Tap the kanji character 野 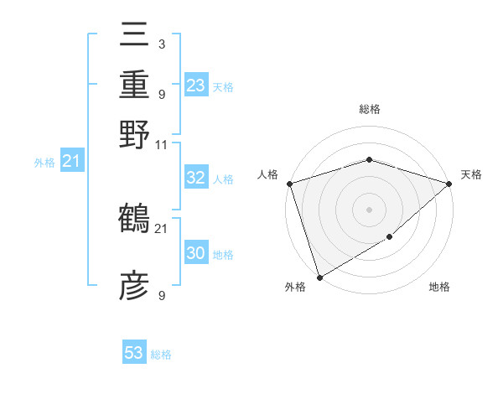point(134,133)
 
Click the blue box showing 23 point(196,86)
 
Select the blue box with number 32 point(195,178)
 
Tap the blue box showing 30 point(195,253)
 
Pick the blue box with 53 point(134,353)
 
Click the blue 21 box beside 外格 point(71,162)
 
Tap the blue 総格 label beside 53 point(161,355)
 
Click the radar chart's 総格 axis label point(369,109)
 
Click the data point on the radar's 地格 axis point(389,237)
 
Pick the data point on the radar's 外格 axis point(319,277)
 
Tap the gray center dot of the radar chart point(369,209)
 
